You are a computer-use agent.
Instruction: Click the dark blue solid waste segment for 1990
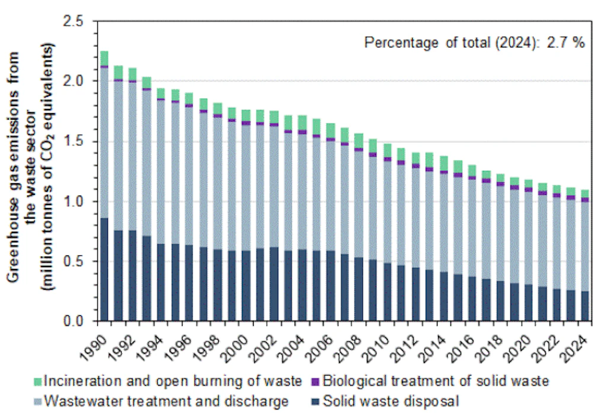pos(104,270)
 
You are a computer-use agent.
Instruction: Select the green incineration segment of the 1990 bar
pos(104,58)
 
